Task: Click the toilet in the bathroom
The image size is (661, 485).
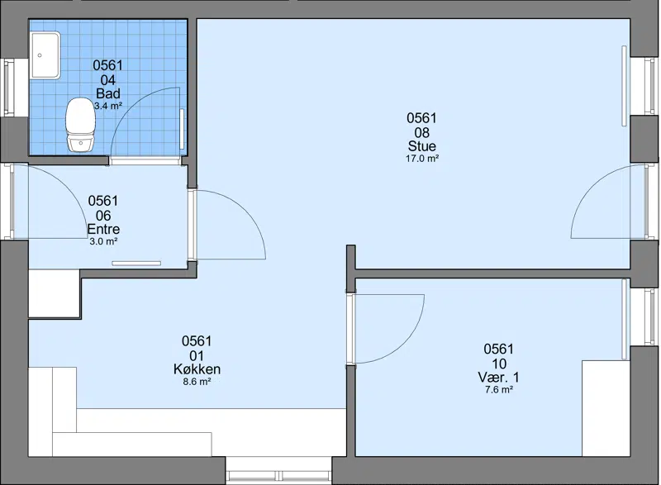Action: coord(80,125)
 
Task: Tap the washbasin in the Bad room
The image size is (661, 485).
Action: coord(45,55)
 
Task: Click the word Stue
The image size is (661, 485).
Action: coord(421,145)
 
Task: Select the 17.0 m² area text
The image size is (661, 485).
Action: coord(422,159)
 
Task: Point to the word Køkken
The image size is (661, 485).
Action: coord(197,369)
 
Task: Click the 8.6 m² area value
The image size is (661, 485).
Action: coord(197,382)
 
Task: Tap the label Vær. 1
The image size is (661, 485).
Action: coord(498,377)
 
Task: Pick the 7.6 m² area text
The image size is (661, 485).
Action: coord(499,390)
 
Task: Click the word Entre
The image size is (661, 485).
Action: coord(103,229)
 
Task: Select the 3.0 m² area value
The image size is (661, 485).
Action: coord(103,242)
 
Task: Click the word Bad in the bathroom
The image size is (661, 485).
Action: coord(108,93)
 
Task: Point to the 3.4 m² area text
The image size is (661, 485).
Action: coord(108,106)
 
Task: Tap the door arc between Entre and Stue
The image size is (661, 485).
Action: coord(245,210)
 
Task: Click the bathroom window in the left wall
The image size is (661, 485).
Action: coord(9,88)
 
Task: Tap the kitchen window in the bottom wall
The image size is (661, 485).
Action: coord(278,476)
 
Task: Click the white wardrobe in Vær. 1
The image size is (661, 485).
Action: coord(606,408)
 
